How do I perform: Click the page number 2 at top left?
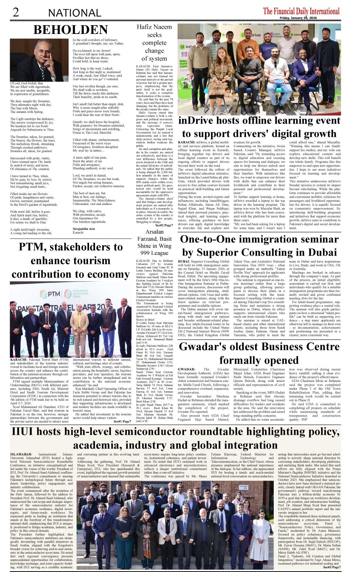click(x=16, y=12)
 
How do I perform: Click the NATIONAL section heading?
click(x=74, y=13)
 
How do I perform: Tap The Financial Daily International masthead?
click(x=301, y=11)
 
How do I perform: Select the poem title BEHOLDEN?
click(x=71, y=30)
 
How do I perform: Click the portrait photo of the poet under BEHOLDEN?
click(x=39, y=60)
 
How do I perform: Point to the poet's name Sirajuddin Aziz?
click(x=84, y=229)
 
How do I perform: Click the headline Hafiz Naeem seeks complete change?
click(x=154, y=43)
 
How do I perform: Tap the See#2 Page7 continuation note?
click(x=164, y=225)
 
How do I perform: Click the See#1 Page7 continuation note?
click(x=122, y=421)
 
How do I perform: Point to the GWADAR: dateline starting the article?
click(x=186, y=369)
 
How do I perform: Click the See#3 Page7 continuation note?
click(x=332, y=567)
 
